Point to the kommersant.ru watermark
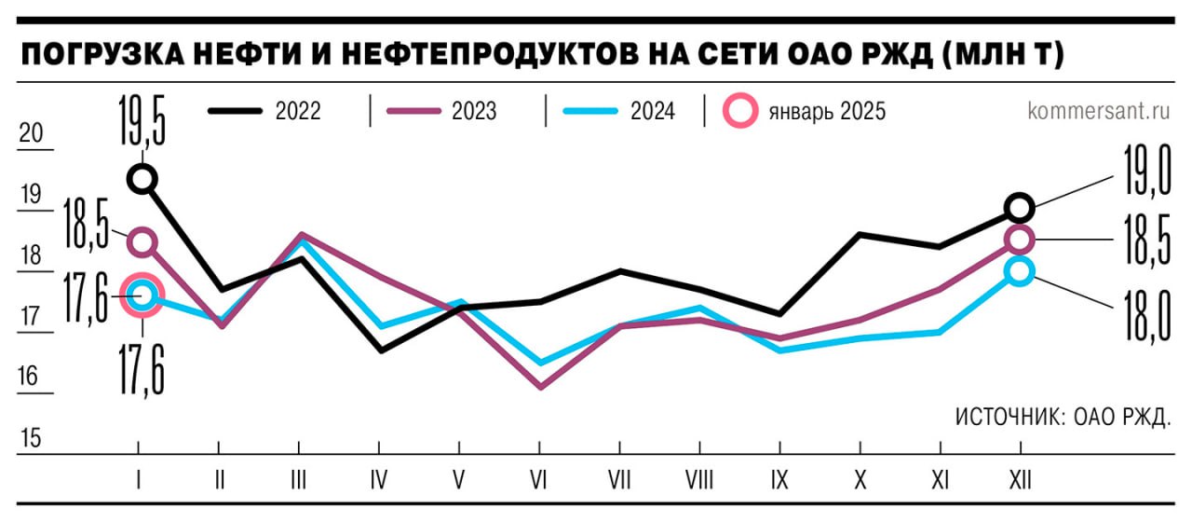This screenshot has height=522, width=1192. click(x=1098, y=111)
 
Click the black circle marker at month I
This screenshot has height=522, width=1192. click(x=142, y=178)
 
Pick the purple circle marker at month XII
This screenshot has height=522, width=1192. click(x=1020, y=240)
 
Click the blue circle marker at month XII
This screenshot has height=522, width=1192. click(x=1020, y=272)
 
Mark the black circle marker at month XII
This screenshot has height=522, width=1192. click(x=1020, y=207)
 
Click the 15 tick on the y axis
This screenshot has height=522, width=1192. click(x=31, y=438)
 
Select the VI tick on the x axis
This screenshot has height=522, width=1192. click(x=538, y=479)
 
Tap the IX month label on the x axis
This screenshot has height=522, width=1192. click(x=779, y=479)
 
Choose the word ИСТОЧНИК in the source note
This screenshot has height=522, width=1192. click(x=1008, y=417)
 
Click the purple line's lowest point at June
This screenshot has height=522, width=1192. click(x=540, y=386)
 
